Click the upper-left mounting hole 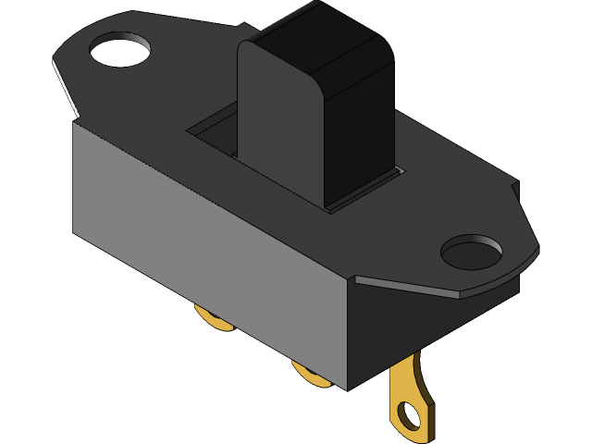click(121, 52)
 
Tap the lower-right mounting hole click(471, 251)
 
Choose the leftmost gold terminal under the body click(214, 318)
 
